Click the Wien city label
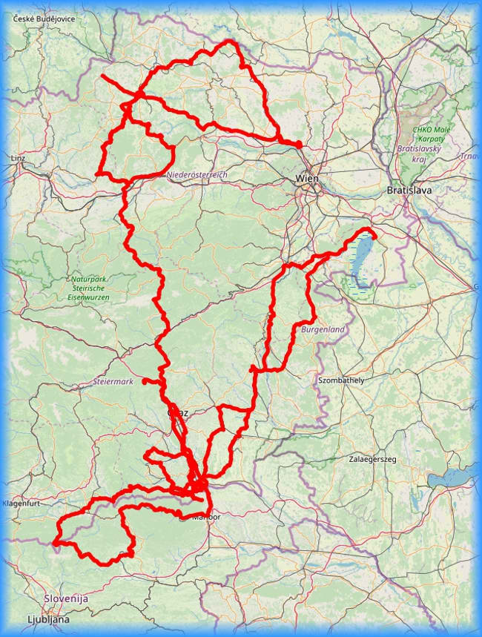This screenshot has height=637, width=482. click(307, 178)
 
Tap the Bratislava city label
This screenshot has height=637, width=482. click(409, 191)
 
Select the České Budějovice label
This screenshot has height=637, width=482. click(44, 19)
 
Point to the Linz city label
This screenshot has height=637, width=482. click(18, 159)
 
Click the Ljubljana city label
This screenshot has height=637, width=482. click(48, 618)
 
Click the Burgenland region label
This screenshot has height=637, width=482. click(323, 328)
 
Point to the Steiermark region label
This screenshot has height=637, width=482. click(114, 381)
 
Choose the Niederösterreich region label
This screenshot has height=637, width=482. click(197, 174)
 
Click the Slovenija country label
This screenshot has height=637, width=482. click(65, 598)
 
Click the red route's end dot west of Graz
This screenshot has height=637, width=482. click(145, 382)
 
